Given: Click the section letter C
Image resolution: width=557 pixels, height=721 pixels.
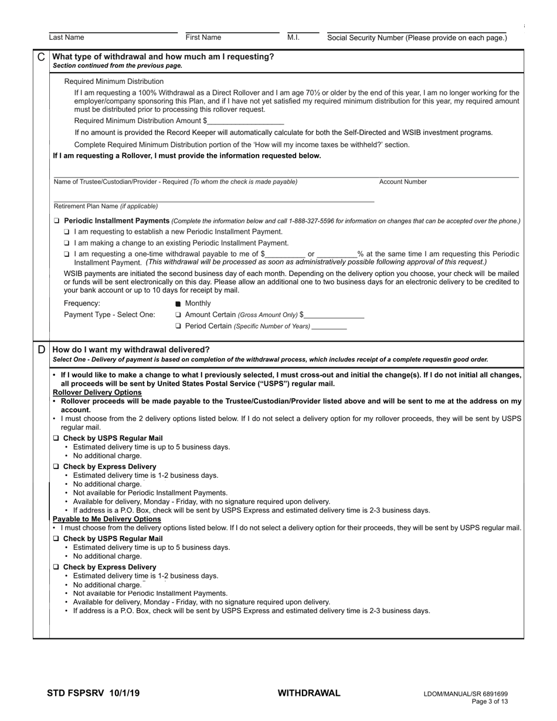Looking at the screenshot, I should [x=41, y=57].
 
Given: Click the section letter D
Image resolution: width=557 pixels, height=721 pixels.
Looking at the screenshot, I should [x=41, y=349].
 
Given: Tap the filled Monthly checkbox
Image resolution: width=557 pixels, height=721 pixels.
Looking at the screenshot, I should [x=178, y=304].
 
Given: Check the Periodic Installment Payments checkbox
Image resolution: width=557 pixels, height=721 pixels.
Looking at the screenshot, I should [x=57, y=221].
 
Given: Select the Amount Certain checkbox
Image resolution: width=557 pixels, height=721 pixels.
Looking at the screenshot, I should [x=178, y=315].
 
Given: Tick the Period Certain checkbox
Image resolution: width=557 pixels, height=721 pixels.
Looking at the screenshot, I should [x=178, y=326].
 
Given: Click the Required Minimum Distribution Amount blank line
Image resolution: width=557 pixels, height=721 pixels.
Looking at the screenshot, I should [x=246, y=122].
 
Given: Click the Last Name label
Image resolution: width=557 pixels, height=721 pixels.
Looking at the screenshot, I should [x=66, y=38].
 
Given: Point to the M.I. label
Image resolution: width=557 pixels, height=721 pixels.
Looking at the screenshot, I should [x=293, y=38].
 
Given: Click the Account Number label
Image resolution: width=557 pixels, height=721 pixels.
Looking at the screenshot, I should [x=403, y=182].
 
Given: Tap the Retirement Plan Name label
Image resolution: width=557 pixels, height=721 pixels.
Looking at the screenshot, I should [x=106, y=206].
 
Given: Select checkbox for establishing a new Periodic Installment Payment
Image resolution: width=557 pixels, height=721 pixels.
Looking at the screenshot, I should [x=67, y=232].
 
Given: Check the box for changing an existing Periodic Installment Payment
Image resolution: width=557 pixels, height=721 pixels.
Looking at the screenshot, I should [x=67, y=243].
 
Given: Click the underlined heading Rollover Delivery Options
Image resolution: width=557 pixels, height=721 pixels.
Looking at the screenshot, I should [x=97, y=392].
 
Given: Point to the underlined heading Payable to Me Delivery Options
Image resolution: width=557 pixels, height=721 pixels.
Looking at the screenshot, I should [x=107, y=519].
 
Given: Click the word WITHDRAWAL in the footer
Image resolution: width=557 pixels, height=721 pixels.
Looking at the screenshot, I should [x=308, y=693].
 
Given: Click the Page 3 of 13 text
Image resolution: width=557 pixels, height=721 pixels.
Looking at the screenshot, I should [x=490, y=701].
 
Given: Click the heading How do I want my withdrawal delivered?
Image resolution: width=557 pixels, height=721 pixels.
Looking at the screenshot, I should [x=131, y=350].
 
